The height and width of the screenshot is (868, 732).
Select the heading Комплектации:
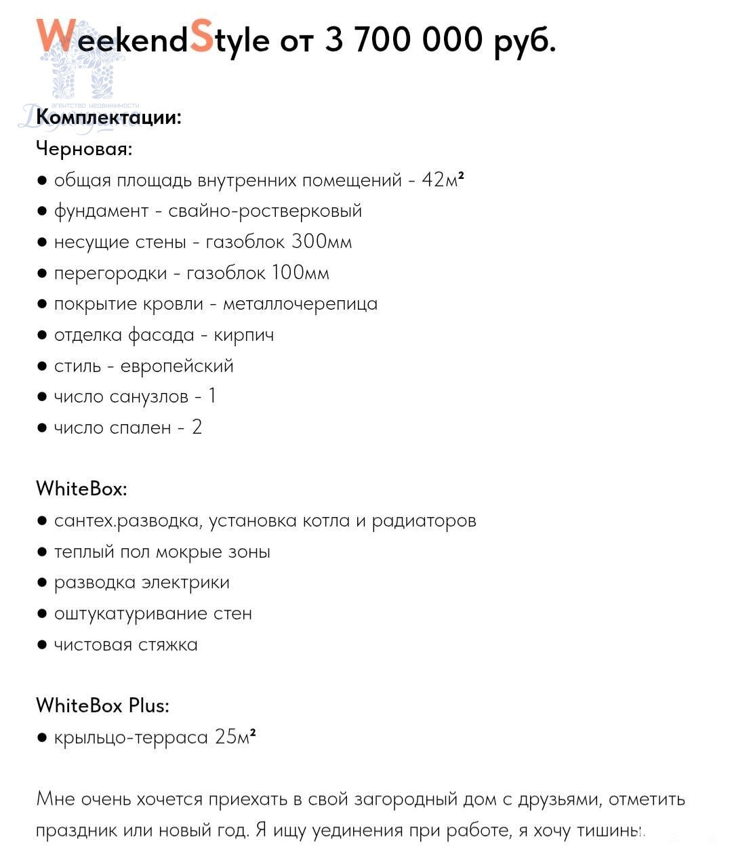tap(108, 117)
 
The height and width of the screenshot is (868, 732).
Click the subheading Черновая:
tap(84, 148)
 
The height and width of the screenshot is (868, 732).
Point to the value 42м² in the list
tap(443, 180)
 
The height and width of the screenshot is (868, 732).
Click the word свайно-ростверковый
tap(265, 211)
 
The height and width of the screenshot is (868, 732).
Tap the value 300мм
tap(321, 242)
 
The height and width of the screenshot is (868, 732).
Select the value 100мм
tap(300, 273)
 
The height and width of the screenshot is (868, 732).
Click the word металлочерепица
tap(300, 304)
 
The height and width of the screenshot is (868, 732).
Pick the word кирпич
tap(244, 335)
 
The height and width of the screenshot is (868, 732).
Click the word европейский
tap(177, 366)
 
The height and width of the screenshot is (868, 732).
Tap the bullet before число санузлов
tap(42, 397)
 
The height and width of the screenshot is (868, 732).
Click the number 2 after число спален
tap(197, 428)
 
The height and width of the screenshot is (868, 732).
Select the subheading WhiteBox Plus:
tap(102, 705)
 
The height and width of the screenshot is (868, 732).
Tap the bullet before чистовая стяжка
tap(42, 645)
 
